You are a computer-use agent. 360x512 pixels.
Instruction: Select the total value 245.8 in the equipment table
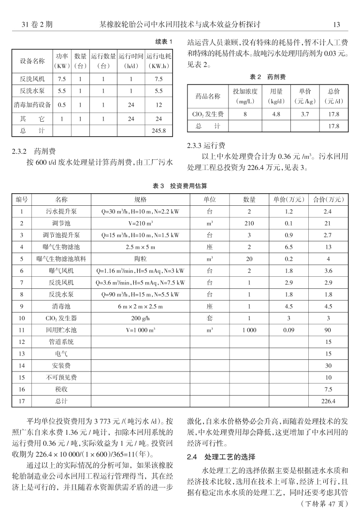pyautogui.click(x=158, y=130)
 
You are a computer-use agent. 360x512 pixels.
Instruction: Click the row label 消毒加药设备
pyautogui.click(x=32, y=104)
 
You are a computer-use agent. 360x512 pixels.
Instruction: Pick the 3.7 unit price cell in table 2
pyautogui.click(x=304, y=114)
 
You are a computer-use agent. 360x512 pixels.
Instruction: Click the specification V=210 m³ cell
pyautogui.click(x=140, y=223)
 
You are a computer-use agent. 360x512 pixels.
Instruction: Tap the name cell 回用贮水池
pyautogui.click(x=61, y=330)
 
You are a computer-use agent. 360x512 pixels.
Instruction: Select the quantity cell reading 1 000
pyautogui.click(x=249, y=330)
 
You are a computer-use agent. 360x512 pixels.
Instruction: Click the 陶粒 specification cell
pyautogui.click(x=140, y=259)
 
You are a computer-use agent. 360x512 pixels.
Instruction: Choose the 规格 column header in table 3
pyautogui.click(x=140, y=199)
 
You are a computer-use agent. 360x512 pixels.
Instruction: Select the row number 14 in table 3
pyautogui.click(x=22, y=365)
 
